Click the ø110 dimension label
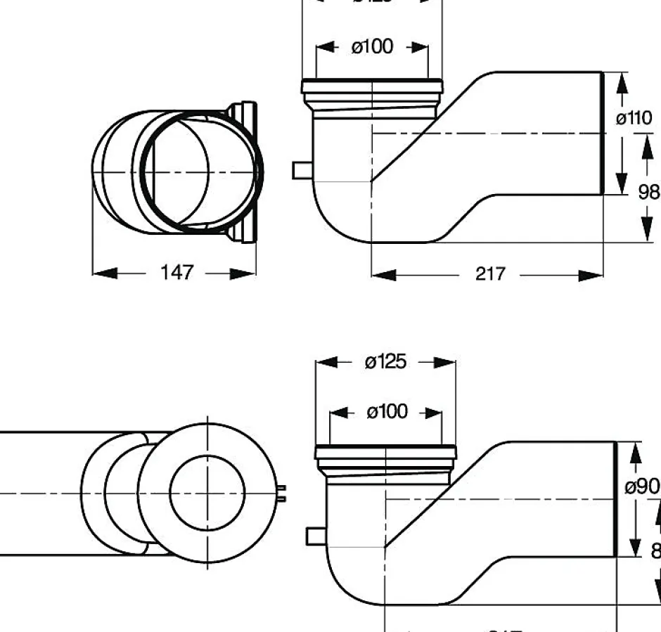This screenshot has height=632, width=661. point(634,117)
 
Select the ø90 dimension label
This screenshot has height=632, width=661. point(642,486)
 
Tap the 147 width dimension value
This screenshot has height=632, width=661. point(176,273)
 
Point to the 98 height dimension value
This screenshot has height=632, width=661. point(648,192)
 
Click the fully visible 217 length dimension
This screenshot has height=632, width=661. point(490,274)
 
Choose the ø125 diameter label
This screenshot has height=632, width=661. point(385,361)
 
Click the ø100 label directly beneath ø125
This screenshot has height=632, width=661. point(386,411)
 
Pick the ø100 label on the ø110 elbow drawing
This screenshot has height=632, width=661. point(372,47)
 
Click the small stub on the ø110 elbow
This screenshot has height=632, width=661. point(300,170)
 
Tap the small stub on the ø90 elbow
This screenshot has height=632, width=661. point(314,537)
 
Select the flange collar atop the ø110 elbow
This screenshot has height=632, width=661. point(372,87)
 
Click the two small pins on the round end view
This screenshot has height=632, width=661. point(283,493)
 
